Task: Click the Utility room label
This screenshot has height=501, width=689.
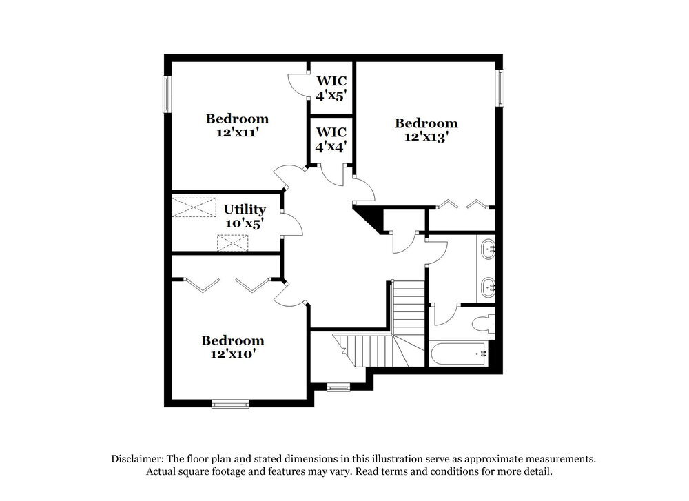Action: [x=245, y=209]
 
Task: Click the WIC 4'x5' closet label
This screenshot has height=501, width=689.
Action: [x=331, y=88]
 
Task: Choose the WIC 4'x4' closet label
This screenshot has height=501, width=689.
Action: [x=331, y=139]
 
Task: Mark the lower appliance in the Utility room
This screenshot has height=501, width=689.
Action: [x=232, y=243]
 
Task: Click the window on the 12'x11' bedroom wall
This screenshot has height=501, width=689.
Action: [x=166, y=94]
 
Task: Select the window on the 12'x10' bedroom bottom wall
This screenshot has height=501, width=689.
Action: [x=229, y=404]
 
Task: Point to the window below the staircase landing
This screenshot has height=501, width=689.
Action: [x=338, y=387]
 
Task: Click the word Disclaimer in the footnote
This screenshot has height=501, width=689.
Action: [x=137, y=459]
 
